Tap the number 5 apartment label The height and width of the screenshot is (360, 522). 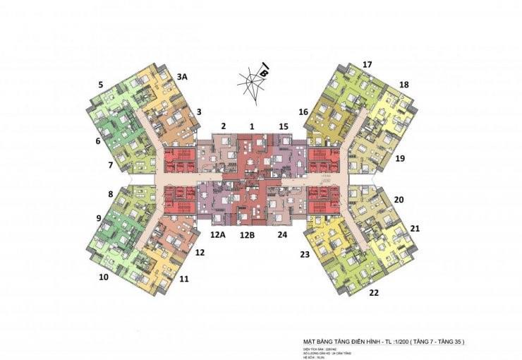[101, 85]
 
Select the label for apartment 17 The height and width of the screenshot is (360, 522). [367, 65]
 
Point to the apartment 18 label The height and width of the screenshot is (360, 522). [403, 85]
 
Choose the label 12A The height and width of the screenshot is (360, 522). [217, 234]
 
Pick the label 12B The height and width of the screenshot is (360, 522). [247, 234]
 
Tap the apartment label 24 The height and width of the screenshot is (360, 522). [282, 234]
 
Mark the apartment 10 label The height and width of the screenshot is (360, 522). [103, 277]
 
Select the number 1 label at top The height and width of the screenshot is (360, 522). [250, 126]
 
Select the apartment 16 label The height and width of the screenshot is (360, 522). [303, 112]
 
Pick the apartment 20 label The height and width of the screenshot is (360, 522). [399, 200]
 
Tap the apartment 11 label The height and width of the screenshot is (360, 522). [184, 279]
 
